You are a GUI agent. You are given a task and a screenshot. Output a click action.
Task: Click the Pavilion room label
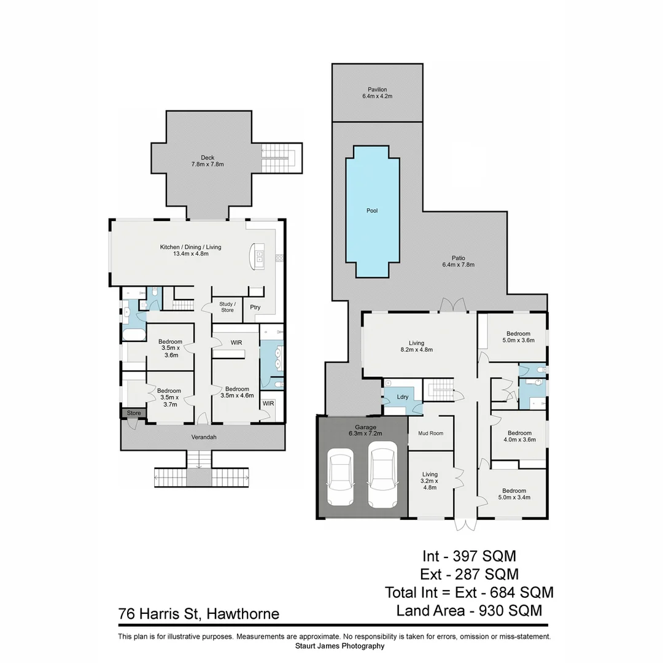(377, 90)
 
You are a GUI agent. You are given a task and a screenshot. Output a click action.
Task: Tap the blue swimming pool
(372, 211)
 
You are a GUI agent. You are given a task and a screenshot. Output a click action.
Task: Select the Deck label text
(207, 158)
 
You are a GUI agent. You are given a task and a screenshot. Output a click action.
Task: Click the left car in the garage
(341, 478)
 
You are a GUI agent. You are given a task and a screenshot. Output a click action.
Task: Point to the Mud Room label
(431, 433)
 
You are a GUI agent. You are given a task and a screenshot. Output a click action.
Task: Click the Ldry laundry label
(403, 397)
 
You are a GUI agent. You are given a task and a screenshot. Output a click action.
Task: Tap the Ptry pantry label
(254, 308)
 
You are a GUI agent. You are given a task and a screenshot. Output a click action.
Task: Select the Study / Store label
(227, 306)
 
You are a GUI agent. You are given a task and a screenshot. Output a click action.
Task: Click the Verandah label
(203, 437)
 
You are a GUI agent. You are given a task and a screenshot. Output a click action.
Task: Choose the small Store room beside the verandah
(134, 413)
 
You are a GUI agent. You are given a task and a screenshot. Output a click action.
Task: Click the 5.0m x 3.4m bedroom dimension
(514, 498)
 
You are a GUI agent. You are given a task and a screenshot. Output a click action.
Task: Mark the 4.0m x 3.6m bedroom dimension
(519, 440)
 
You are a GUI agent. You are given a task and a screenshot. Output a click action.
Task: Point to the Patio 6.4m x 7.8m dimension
(458, 265)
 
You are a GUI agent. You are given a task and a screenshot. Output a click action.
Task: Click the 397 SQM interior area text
(484, 557)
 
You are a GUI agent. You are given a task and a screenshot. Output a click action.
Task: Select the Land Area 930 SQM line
(469, 611)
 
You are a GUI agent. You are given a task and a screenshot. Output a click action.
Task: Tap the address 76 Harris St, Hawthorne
(198, 614)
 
